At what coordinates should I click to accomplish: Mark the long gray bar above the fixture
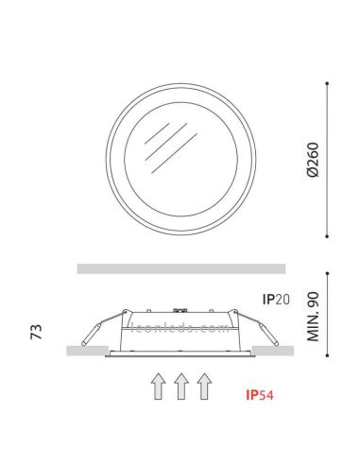pos(180,268)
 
